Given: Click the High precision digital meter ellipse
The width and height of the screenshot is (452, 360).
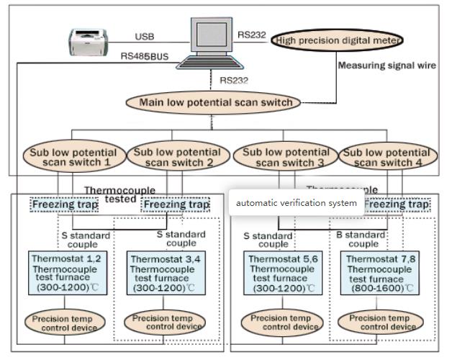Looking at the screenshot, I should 337,41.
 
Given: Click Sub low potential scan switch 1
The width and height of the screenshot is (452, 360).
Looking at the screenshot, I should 73,158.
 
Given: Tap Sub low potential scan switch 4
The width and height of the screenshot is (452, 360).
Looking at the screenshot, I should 389,158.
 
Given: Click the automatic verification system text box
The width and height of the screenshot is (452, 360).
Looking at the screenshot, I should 296,203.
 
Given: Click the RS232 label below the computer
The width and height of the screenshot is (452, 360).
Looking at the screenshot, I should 234,80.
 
